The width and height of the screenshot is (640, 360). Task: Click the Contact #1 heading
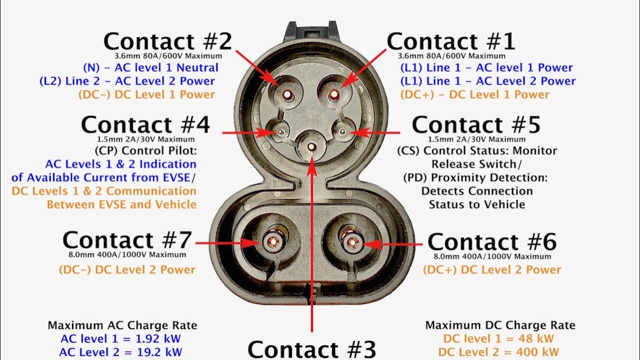pyautogui.click(x=450, y=41)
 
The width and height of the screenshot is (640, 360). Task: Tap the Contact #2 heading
pyautogui.click(x=167, y=41)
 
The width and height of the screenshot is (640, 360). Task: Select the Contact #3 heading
pyautogui.click(x=311, y=349)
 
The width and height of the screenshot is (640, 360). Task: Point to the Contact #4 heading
pyautogui.click(x=145, y=124)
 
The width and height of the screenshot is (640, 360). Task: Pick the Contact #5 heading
pyautogui.click(x=476, y=124)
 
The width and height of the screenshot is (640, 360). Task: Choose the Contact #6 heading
pyautogui.click(x=492, y=241)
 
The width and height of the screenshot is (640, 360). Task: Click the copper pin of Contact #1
pyautogui.click(x=333, y=94)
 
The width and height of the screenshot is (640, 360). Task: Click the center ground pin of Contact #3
pyautogui.click(x=311, y=147)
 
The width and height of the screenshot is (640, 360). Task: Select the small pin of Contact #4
pyautogui.click(x=280, y=132)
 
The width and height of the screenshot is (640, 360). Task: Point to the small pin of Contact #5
pyautogui.click(x=342, y=131)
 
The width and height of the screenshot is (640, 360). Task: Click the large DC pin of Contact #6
pyautogui.click(x=352, y=243)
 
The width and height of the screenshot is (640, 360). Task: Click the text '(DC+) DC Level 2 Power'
pyautogui.click(x=492, y=269)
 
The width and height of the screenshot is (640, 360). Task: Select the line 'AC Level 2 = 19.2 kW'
pyautogui.click(x=120, y=352)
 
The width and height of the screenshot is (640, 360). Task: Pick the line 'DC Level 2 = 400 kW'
pyautogui.click(x=498, y=352)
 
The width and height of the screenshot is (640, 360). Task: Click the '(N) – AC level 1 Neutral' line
pyautogui.click(x=151, y=67)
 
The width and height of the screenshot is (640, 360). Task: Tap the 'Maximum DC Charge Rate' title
pyautogui.click(x=500, y=325)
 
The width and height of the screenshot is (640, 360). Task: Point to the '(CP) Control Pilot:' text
pyautogui.click(x=145, y=150)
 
